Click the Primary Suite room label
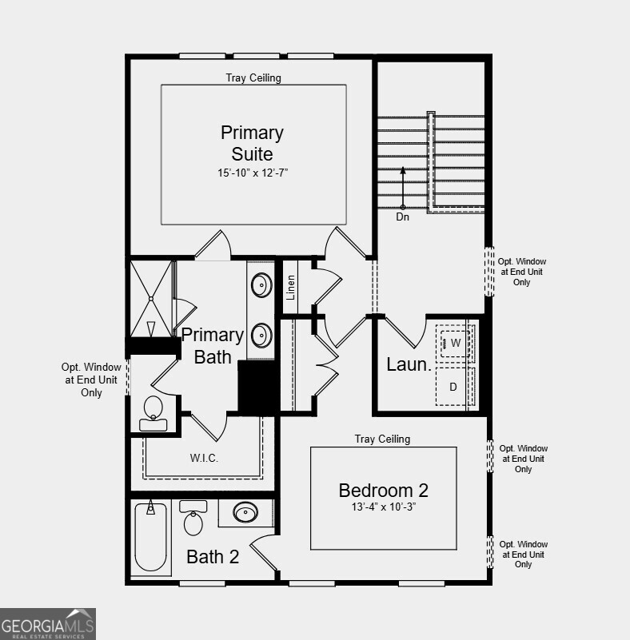252,143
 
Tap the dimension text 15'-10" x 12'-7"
252,172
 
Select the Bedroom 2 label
383,490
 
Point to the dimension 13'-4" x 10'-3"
383,507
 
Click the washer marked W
455,343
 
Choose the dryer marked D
453,387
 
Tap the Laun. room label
409,364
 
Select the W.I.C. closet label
204,458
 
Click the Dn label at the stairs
403,217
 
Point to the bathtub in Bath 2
150,536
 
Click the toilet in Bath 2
193,520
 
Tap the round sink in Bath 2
245,512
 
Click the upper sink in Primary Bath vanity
261,284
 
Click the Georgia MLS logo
48,623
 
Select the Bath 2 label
213,557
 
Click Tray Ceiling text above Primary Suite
253,78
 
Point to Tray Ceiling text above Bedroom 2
382,439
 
